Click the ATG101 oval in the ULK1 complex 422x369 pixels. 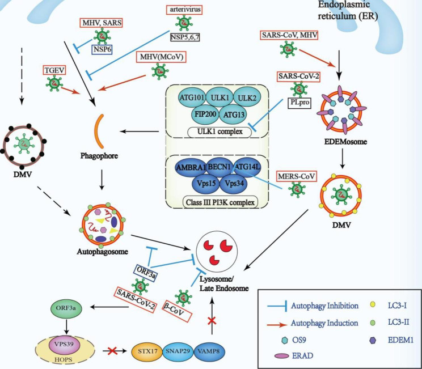(x=192, y=97)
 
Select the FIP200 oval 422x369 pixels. (x=205, y=114)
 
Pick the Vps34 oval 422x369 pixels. (x=234, y=184)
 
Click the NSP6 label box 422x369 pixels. (x=102, y=49)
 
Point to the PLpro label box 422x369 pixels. (x=299, y=103)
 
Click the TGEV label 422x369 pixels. (x=54, y=70)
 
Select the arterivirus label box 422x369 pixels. (x=184, y=10)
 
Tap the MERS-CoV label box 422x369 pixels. (x=296, y=176)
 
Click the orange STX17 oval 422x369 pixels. (x=147, y=351)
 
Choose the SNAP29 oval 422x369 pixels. (x=178, y=351)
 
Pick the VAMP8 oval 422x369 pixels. (x=209, y=351)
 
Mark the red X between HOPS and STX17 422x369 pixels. (x=112, y=351)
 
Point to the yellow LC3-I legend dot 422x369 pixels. (x=373, y=304)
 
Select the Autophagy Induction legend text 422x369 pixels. (x=324, y=323)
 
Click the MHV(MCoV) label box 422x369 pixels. (x=161, y=57)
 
